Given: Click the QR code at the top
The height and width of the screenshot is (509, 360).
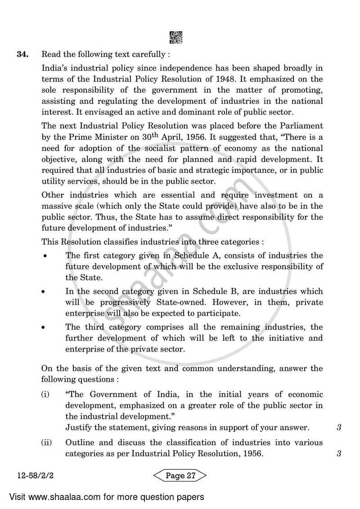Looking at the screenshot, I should (176, 37).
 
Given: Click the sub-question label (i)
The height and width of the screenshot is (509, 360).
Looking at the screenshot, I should (45, 395).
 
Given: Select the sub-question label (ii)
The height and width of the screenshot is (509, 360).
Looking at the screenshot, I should (46, 443).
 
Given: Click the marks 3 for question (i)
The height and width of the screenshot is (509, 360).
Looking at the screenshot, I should (338, 428).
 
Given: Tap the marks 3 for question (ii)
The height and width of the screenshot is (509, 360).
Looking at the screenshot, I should (338, 454).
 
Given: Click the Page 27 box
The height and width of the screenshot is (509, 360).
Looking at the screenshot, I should (180, 476).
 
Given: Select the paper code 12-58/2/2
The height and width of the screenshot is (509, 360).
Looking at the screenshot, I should (30, 476).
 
